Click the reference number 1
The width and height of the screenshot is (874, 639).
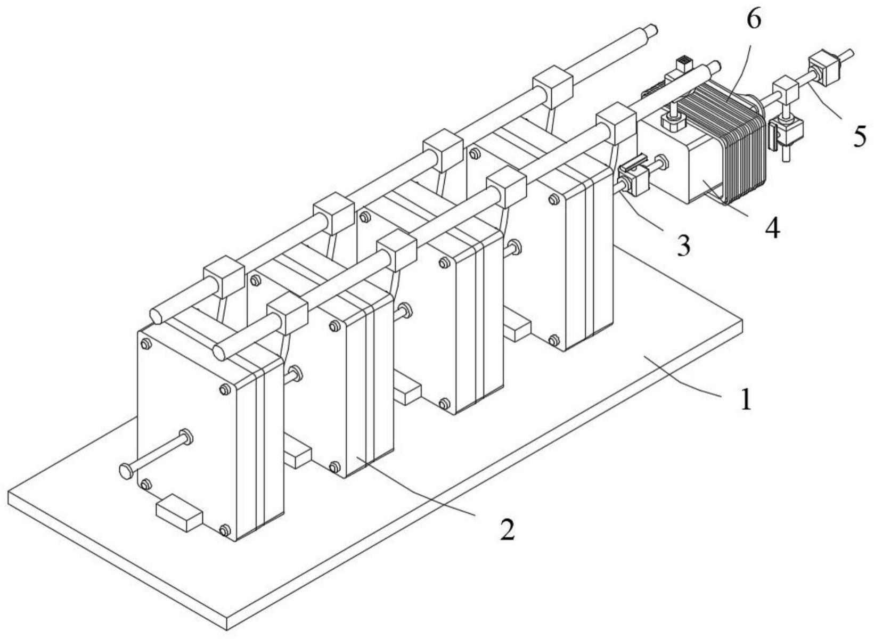[x=747, y=399]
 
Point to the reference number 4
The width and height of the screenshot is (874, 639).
[x=772, y=228]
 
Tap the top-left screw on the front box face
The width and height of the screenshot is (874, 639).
[x=145, y=345]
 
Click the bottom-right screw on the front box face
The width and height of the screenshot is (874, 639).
[x=225, y=529]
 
